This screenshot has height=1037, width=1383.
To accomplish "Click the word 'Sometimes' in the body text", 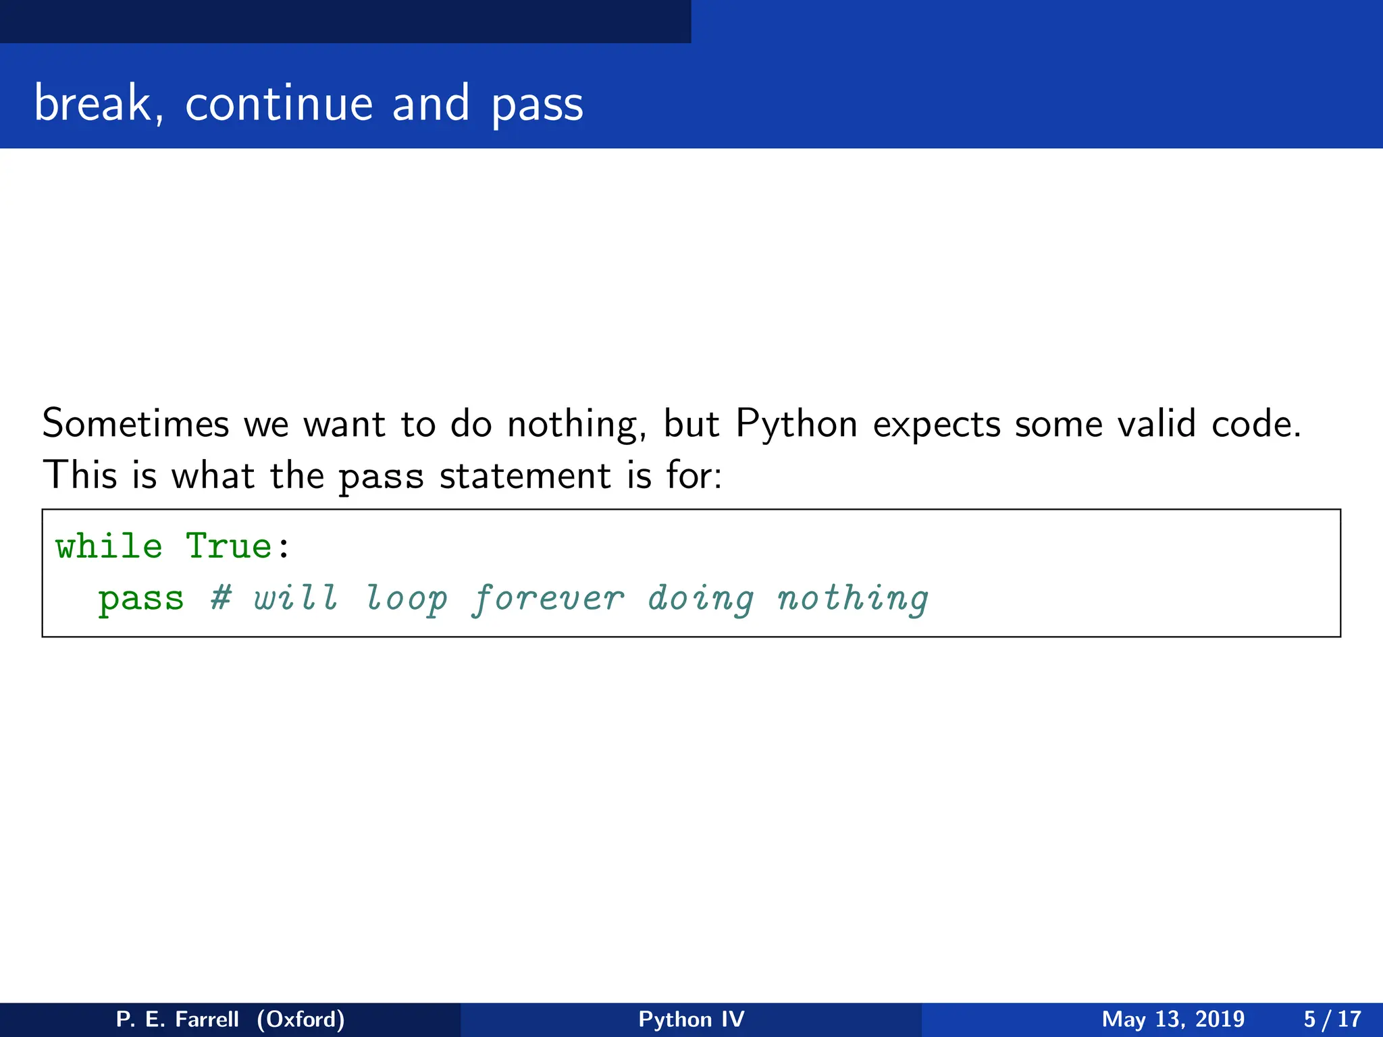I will point(136,424).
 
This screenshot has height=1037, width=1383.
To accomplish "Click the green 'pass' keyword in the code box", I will point(140,599).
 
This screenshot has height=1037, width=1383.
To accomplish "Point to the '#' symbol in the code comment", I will point(220,597).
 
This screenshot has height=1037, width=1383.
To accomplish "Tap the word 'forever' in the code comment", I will point(548,599).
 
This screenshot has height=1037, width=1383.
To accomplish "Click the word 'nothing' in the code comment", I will point(852,599).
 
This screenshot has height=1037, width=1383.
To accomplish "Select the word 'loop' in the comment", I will point(407,599).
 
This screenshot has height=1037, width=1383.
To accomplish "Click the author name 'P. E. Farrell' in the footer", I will point(177,1019).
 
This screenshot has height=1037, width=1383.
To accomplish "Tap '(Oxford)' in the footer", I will point(301,1019).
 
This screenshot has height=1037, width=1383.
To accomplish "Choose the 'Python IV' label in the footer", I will point(691,1019).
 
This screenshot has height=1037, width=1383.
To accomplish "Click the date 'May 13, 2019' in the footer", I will point(1173,1019).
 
